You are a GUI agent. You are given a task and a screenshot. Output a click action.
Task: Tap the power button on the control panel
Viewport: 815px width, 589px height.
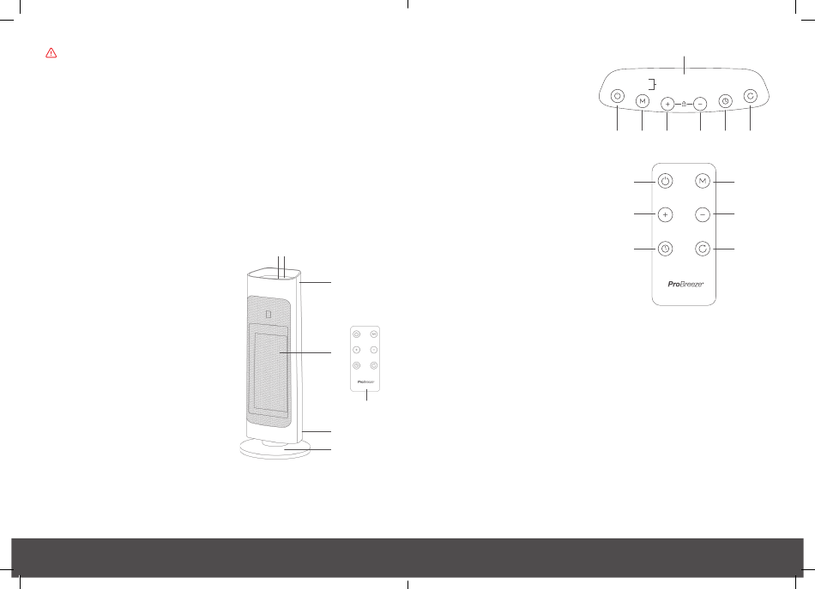pyautogui.click(x=617, y=98)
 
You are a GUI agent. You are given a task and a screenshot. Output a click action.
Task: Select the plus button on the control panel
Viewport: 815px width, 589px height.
pyautogui.click(x=668, y=103)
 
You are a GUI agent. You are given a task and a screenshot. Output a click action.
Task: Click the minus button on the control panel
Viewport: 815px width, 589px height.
pyautogui.click(x=700, y=103)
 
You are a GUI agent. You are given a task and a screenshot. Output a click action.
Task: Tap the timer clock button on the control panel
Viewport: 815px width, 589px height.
pyautogui.click(x=726, y=100)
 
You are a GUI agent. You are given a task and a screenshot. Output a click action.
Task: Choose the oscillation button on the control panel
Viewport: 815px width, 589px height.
pyautogui.click(x=751, y=97)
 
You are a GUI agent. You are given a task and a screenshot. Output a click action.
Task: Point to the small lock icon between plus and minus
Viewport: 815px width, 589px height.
pyautogui.click(x=684, y=104)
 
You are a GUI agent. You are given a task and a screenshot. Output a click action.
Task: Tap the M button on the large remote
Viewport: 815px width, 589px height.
pyautogui.click(x=703, y=181)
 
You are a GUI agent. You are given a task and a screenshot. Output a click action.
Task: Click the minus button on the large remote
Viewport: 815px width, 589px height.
pyautogui.click(x=703, y=214)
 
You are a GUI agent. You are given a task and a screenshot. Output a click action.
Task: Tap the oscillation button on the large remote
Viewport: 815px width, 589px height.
pyautogui.click(x=703, y=249)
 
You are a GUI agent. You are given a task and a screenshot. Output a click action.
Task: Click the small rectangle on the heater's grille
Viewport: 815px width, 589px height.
pyautogui.click(x=269, y=314)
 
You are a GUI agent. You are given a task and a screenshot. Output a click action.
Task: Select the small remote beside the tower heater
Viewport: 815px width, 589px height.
pyautogui.click(x=366, y=358)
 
